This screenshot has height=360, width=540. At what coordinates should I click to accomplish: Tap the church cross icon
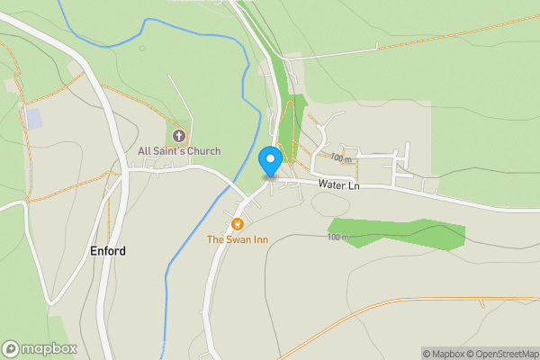[x=178, y=136]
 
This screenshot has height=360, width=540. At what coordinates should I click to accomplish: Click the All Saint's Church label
[x=179, y=151]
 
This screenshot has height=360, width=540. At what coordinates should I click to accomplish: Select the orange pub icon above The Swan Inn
[x=238, y=224]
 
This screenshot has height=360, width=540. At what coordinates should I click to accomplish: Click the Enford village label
[x=108, y=251]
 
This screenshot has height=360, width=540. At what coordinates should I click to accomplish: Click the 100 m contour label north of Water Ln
[x=340, y=157]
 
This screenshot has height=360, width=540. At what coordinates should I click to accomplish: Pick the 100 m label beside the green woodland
[x=337, y=237]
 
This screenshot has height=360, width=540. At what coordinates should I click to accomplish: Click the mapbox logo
[x=40, y=348]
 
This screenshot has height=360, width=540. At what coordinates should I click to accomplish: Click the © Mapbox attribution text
[x=443, y=354]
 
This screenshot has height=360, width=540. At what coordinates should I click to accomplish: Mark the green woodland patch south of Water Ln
[x=396, y=231]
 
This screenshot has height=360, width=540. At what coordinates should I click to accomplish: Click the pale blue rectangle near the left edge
[x=33, y=118]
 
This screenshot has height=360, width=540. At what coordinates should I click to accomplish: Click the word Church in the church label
[x=203, y=151]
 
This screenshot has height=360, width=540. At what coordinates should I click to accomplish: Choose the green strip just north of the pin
[x=287, y=126]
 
